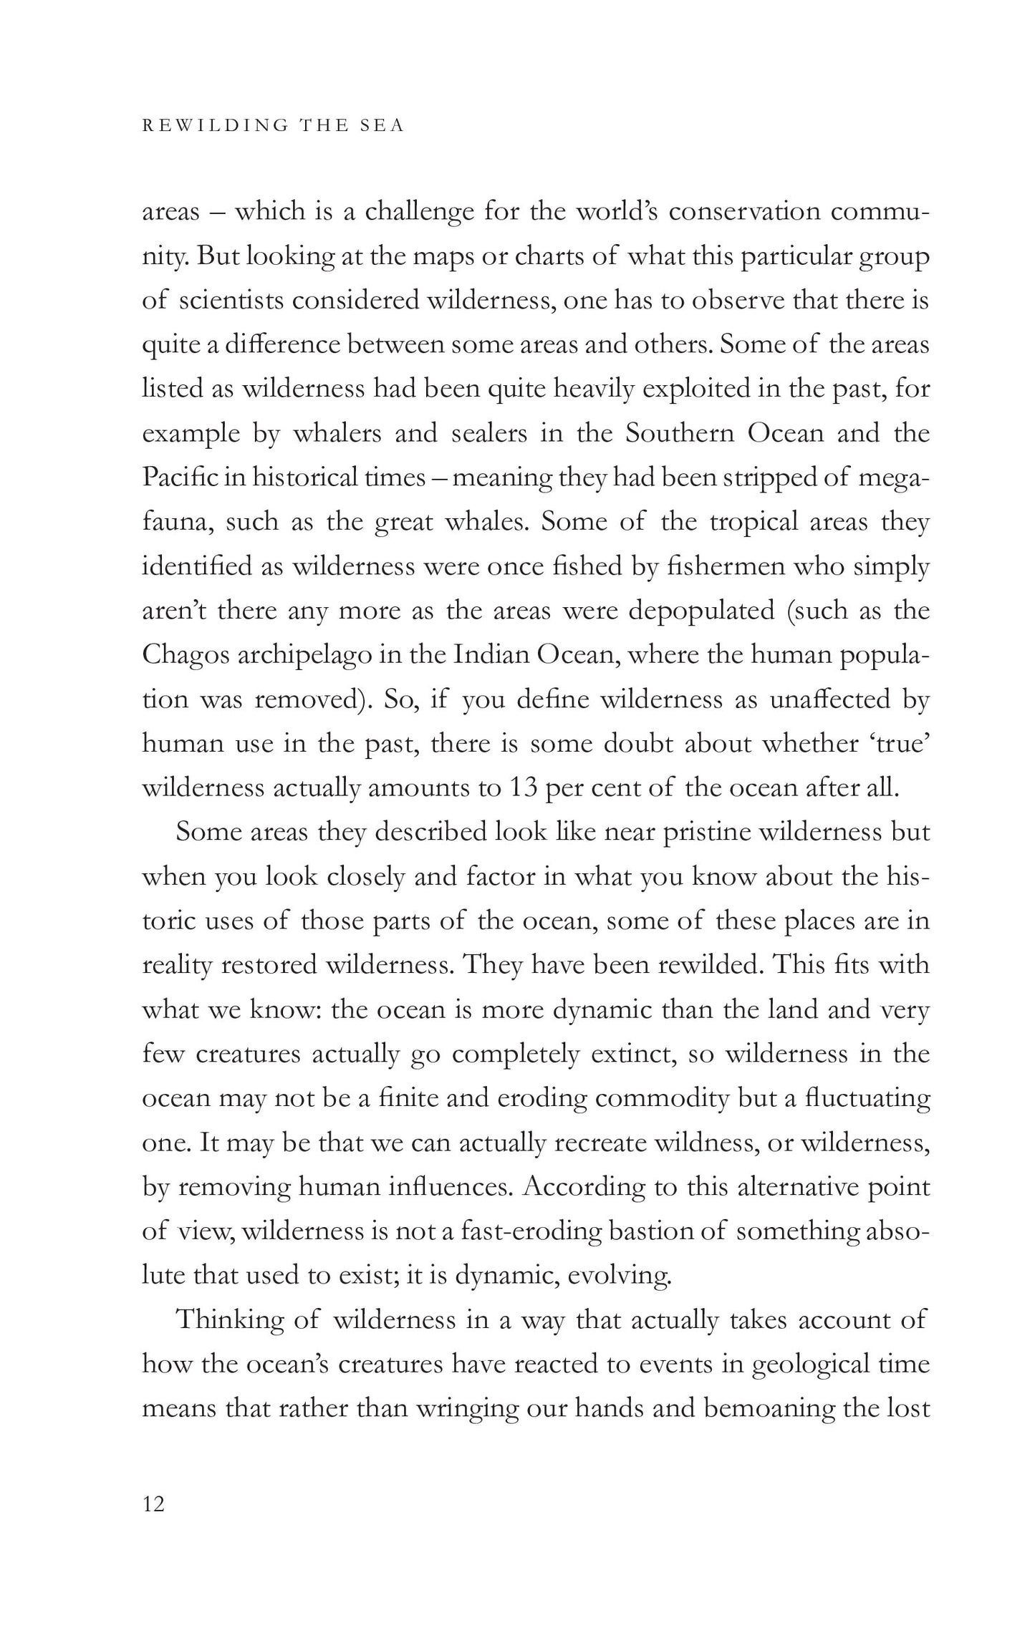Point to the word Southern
point(680,434)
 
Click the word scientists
point(229,301)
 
